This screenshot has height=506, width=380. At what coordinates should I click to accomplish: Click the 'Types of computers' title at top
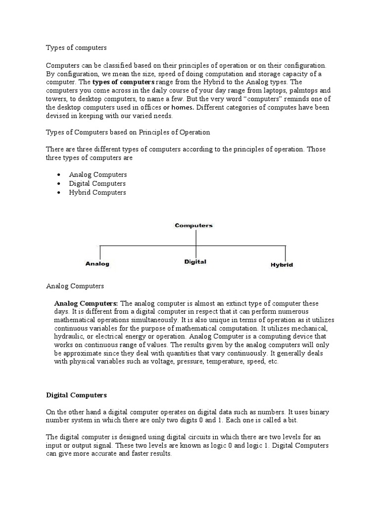pos(76,48)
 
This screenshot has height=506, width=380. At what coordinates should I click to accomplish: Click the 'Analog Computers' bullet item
pos(98,175)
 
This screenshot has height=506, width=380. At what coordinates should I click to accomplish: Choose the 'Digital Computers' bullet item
pos(97,184)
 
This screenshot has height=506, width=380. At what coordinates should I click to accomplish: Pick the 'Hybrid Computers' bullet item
pos(97,193)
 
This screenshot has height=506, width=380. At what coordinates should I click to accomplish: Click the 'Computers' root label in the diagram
pos(193,225)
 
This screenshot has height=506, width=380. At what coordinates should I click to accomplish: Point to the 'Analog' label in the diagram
pos(97,264)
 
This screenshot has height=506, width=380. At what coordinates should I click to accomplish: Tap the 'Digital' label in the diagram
pos(195,262)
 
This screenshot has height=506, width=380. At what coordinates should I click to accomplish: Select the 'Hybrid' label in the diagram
pos(282,265)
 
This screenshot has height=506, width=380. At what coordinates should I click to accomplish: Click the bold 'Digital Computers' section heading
pos(76,395)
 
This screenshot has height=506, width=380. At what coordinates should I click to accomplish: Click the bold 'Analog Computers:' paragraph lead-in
pos(86,303)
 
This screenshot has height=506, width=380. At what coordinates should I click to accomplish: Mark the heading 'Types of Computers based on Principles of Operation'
pos(128,132)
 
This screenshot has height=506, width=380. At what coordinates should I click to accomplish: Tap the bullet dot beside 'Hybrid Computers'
pos(59,193)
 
